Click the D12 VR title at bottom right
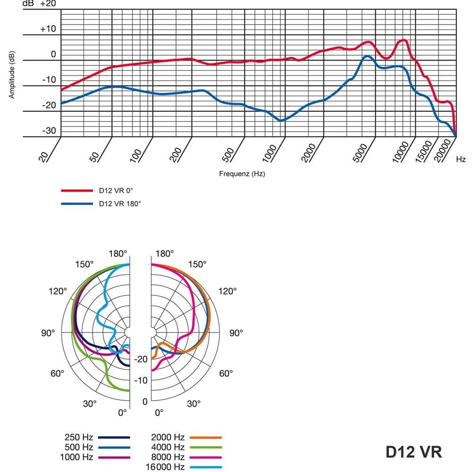[x=413, y=451]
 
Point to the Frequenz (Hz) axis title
[x=242, y=174]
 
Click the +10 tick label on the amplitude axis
[x=48, y=29]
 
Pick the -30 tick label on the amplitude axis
[x=49, y=131]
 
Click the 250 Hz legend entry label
[x=79, y=438]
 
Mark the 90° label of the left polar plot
[x=49, y=333]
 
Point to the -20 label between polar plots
[x=142, y=359]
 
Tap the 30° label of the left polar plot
[x=90, y=404]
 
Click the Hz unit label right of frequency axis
[x=461, y=160]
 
